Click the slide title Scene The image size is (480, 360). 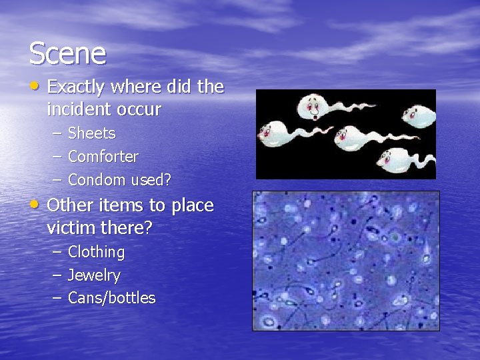(x=67, y=53)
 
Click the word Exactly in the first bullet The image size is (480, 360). (x=76, y=87)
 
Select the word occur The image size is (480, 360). (x=139, y=109)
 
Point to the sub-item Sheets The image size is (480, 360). (x=91, y=133)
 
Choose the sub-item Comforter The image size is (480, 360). (x=103, y=157)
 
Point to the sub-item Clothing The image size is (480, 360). (x=96, y=252)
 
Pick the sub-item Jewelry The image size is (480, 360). (x=94, y=275)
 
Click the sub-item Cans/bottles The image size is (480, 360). (x=111, y=298)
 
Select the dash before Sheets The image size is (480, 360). (x=57, y=133)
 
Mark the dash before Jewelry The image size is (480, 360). (x=57, y=275)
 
